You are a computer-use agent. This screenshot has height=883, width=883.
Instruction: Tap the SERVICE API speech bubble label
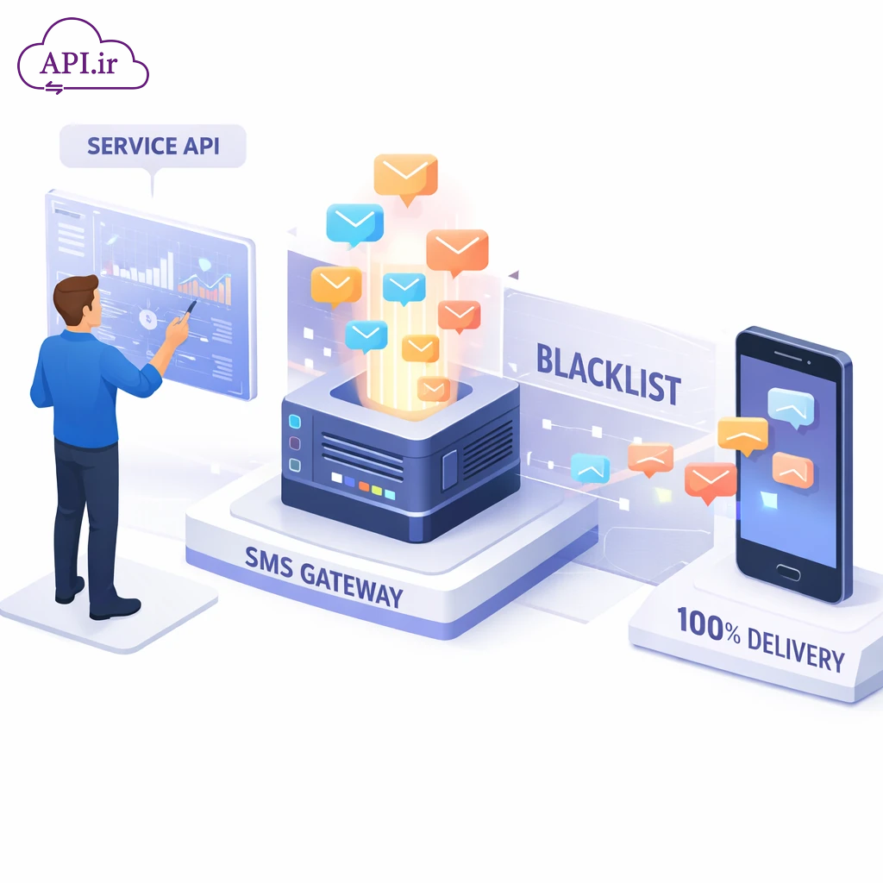pos(153,145)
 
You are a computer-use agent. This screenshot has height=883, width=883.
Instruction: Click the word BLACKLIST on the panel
pos(608,375)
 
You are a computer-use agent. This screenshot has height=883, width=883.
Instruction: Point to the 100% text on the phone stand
pos(708,627)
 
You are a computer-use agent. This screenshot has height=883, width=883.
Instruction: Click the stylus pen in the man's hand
pos(189,308)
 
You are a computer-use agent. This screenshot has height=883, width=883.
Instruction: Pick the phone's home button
pos(787,570)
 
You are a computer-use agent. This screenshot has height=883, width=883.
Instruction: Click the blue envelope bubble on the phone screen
pos(791,406)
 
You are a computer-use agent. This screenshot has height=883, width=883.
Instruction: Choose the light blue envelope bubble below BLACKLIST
pos(590,468)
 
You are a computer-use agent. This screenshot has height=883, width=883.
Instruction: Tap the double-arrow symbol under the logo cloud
pos(56,86)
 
